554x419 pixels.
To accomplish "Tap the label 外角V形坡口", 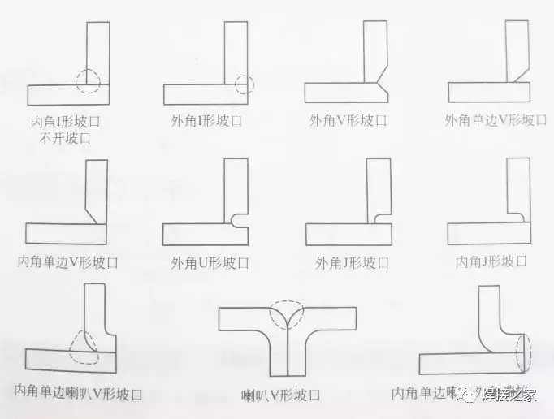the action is pos(348,121).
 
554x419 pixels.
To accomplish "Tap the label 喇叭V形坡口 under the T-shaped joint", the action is pos(281,395).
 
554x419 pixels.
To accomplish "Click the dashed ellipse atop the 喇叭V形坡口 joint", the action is pos(288,315).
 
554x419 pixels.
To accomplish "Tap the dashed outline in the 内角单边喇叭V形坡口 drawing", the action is pos(84,348).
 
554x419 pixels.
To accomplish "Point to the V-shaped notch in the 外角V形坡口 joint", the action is pos(375,82).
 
